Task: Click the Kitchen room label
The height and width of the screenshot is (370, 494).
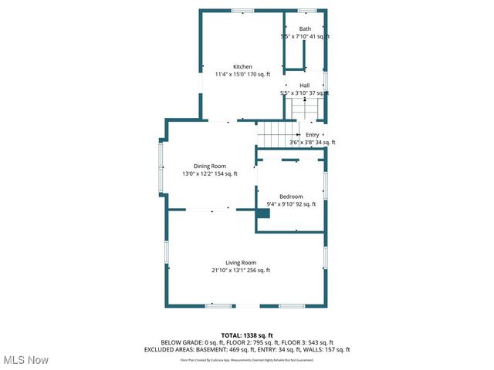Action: [x=243, y=67]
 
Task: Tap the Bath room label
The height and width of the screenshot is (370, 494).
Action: [x=305, y=29]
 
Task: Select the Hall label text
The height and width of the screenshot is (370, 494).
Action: [x=305, y=86]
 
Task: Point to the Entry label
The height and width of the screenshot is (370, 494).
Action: [x=312, y=135]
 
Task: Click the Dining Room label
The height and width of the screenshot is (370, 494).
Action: [x=209, y=166]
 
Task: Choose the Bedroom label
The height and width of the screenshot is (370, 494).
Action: [x=291, y=197]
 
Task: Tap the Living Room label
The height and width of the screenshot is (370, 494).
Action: [x=241, y=263]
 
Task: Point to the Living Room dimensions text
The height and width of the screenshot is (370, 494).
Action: [x=241, y=271]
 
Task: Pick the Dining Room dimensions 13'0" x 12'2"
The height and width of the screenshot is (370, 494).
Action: [x=209, y=174]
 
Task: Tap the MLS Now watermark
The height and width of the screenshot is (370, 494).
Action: [x=27, y=360]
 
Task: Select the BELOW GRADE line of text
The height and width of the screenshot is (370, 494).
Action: [x=247, y=342]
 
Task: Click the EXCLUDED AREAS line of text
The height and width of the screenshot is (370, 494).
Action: [x=247, y=349]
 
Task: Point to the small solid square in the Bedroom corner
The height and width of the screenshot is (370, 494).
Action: [x=263, y=214]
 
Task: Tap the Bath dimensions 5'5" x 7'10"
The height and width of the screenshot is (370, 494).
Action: [x=305, y=36]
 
